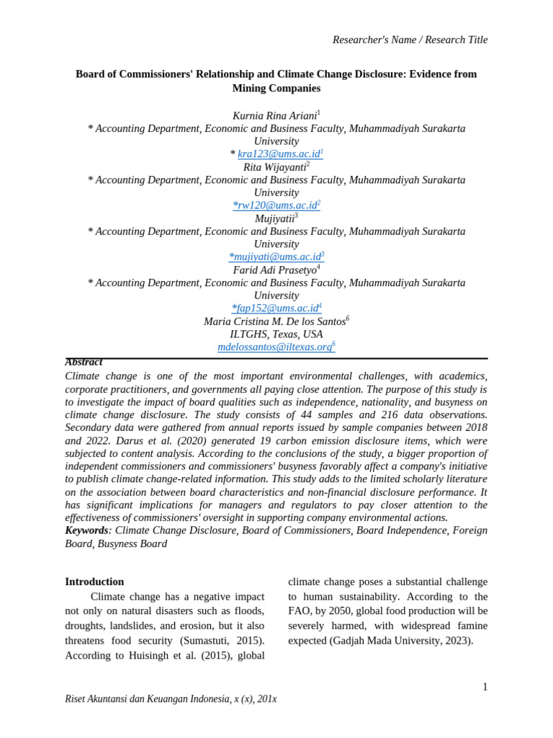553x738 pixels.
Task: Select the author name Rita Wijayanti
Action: (274, 167)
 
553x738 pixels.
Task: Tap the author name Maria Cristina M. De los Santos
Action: (274, 321)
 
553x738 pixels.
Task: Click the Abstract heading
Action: (84, 363)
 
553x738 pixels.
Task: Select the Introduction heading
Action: (94, 582)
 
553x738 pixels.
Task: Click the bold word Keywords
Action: (86, 530)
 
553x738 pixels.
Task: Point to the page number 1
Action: (485, 687)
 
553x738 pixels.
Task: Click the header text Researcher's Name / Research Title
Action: (410, 40)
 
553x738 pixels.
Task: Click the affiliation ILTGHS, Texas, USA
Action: (276, 334)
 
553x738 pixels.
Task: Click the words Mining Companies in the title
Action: (276, 89)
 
